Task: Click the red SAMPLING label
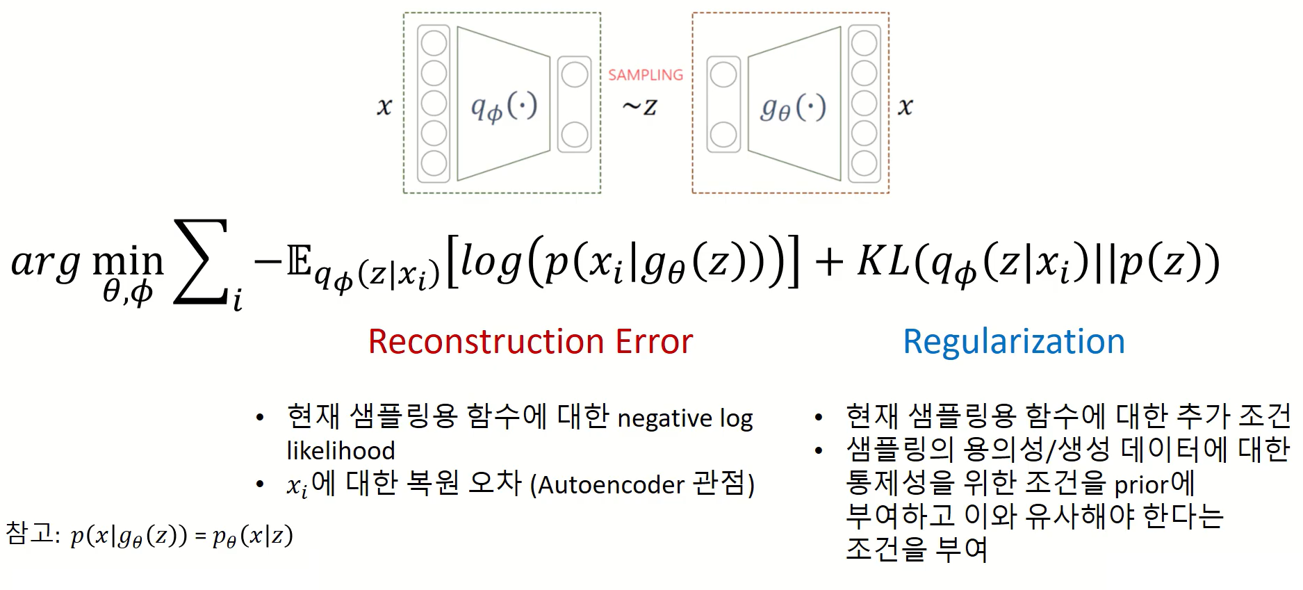click(646, 75)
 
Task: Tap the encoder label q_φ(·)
click(504, 108)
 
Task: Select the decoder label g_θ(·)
click(793, 108)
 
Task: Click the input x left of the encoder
click(384, 107)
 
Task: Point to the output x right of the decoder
click(905, 107)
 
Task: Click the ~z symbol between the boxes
click(639, 107)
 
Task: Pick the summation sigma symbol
click(201, 262)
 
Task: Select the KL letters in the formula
click(883, 261)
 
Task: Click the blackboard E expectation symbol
click(300, 261)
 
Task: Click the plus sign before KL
click(828, 263)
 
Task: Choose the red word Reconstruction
click(476, 342)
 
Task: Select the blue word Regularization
click(1013, 342)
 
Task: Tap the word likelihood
click(341, 451)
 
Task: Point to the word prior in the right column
click(1141, 484)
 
